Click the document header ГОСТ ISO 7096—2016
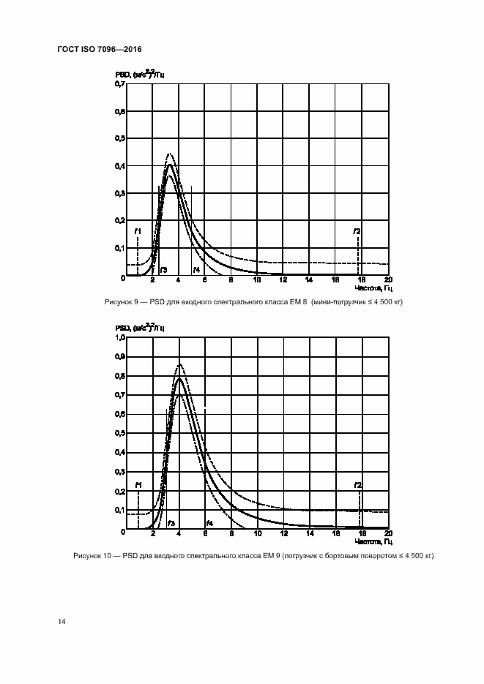tap(99, 49)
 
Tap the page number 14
tap(62, 621)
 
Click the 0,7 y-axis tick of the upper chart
tap(119, 84)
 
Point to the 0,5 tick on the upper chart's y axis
tap(119, 139)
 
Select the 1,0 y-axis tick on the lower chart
tap(119, 337)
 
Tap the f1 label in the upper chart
tap(138, 232)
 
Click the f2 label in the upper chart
tap(357, 232)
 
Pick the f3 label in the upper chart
tap(163, 270)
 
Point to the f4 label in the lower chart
tap(209, 523)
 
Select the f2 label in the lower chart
tap(358, 485)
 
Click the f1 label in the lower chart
tap(138, 485)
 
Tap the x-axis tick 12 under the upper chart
tap(283, 280)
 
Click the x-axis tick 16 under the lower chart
tap(335, 533)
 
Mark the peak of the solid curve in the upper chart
tap(170, 165)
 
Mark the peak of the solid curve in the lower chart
tap(179, 378)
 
